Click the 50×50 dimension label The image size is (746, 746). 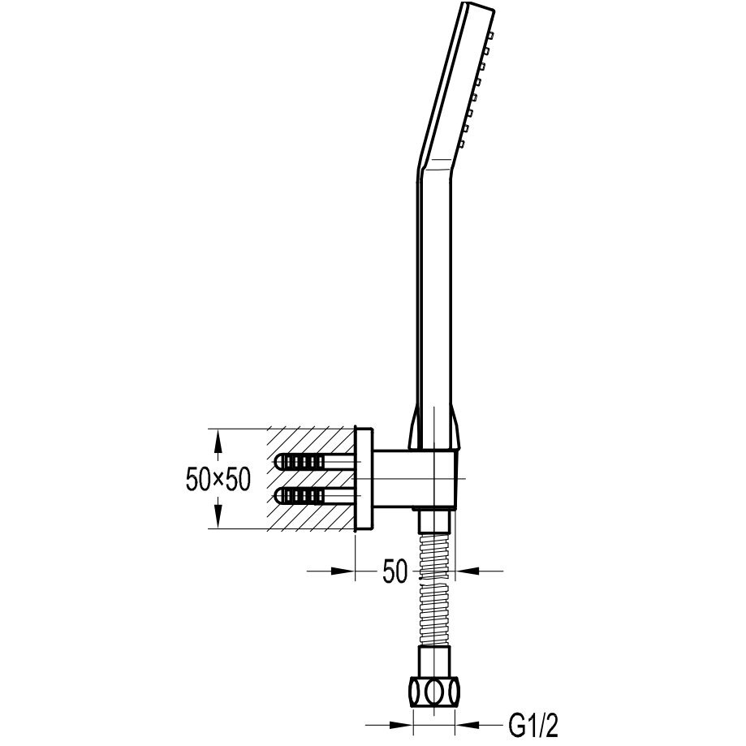point(218,479)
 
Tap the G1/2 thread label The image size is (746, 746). point(533,725)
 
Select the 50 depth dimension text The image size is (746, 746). point(395,571)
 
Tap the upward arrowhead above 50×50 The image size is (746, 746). point(218,440)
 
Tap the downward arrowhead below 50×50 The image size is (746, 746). point(218,517)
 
